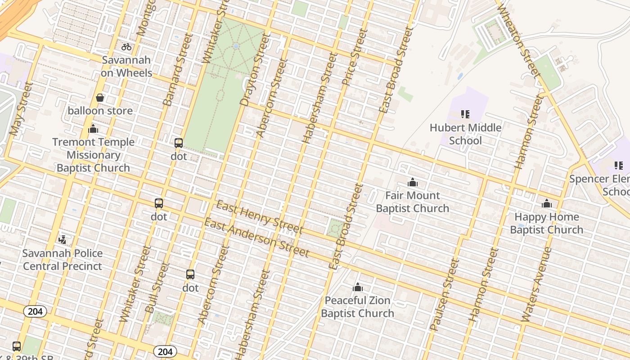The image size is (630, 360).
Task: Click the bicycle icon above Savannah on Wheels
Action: click(x=126, y=47)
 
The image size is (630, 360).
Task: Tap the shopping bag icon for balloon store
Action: click(x=100, y=98)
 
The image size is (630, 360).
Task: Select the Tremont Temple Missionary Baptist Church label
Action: click(x=93, y=155)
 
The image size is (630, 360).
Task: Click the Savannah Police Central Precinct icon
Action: click(x=63, y=240)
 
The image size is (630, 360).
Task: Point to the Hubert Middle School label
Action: click(x=465, y=134)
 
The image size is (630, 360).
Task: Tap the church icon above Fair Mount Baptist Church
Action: click(x=412, y=183)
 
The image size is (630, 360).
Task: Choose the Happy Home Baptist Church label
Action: click(x=546, y=223)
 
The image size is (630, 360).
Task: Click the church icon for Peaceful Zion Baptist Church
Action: click(x=358, y=288)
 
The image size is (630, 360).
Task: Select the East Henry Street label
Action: click(x=259, y=218)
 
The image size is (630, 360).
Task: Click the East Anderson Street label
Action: click(x=256, y=238)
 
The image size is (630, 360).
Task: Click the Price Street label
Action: click(x=355, y=57)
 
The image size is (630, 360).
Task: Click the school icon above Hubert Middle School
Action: click(x=465, y=114)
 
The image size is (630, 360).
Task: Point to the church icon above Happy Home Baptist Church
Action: click(x=547, y=204)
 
